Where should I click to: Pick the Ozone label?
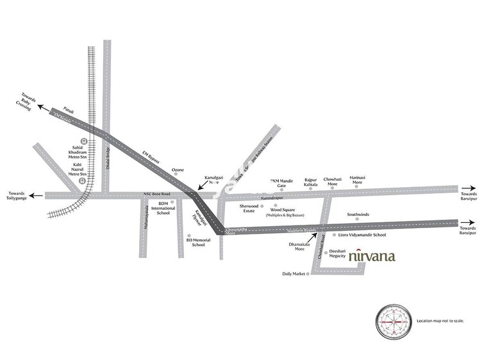click(178, 170)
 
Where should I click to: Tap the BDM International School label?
click(163, 208)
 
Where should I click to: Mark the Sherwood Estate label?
click(249, 208)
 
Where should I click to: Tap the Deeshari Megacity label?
click(338, 253)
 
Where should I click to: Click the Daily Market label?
click(294, 274)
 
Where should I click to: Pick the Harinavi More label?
click(357, 181)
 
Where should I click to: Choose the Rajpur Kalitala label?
click(311, 182)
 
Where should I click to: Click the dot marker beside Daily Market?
click(308, 274)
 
